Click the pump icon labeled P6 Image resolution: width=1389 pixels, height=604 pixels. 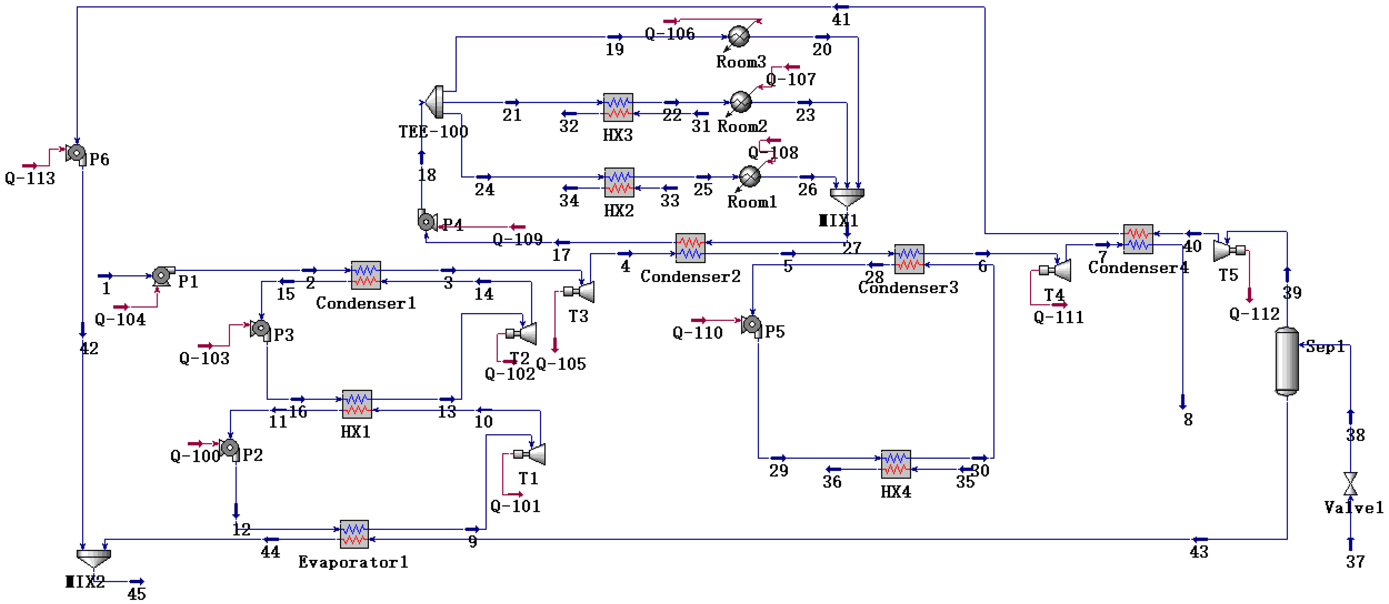click(77, 154)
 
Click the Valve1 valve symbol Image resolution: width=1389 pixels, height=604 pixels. click(1350, 484)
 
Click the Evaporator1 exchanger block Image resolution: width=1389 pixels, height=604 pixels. click(354, 534)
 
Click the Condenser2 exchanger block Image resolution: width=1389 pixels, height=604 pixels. click(690, 248)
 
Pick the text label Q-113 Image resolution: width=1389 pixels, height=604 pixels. click(30, 179)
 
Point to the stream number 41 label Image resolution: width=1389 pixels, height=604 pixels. click(841, 20)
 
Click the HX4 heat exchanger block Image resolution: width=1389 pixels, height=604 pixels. click(896, 464)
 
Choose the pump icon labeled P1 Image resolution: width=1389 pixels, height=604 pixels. click(162, 275)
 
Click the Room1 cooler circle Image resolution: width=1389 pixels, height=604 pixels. click(749, 176)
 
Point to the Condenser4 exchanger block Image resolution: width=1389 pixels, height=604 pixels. click(1138, 239)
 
